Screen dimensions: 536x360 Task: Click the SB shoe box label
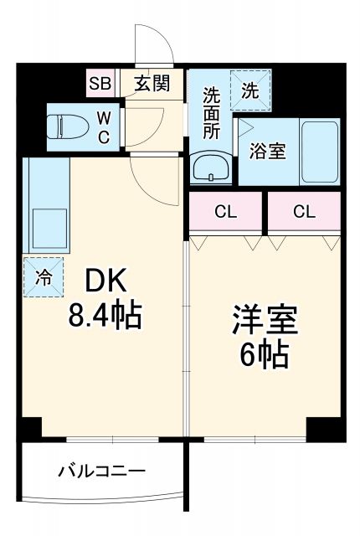100,83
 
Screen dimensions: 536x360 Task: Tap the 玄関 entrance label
152,83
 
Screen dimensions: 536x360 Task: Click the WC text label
103,127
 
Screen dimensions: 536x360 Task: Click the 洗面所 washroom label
210,112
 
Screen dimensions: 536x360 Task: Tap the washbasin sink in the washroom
209,167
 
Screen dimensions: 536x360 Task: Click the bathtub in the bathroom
319,151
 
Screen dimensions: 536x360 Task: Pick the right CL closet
304,212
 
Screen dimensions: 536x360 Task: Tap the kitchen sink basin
49,225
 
